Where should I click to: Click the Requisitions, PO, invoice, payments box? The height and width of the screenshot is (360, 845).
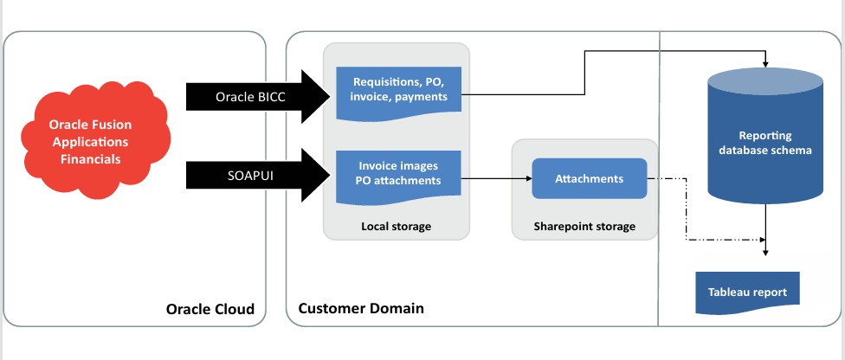(398, 89)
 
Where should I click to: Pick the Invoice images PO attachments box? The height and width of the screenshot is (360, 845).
(398, 174)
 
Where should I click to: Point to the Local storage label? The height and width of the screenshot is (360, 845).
(396, 227)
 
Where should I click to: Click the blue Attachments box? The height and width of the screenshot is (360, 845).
(589, 179)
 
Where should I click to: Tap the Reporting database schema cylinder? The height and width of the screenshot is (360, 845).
(764, 143)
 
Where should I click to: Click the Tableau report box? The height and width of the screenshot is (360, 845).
(748, 291)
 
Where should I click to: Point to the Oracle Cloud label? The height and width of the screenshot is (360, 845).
(210, 309)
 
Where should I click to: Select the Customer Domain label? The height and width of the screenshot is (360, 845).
(361, 309)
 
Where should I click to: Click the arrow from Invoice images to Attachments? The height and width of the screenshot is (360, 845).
(493, 179)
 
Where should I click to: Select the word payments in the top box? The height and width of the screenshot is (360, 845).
(422, 97)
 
